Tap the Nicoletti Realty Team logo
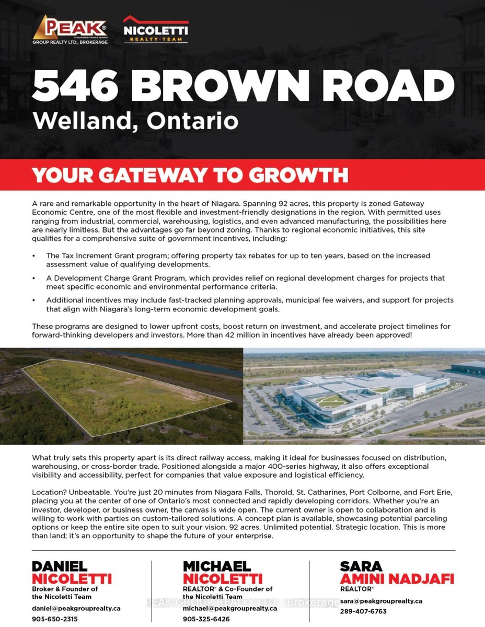tap(156, 29)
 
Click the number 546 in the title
tap(76, 85)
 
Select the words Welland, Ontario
tap(135, 121)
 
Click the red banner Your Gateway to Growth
tap(190, 175)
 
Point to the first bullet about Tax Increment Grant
tap(238, 260)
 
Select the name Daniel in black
tap(60, 566)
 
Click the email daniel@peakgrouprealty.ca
tap(76, 608)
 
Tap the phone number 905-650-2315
tap(55, 619)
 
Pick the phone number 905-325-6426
tap(206, 619)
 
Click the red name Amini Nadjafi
tap(397, 578)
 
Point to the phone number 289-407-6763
tap(363, 611)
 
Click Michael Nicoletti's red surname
tap(223, 578)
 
